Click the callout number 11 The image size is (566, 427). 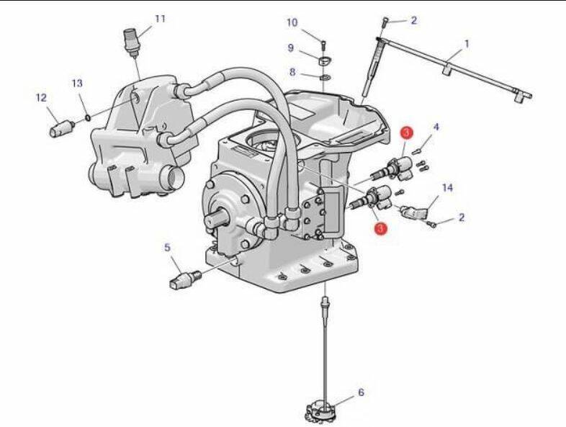tap(160, 19)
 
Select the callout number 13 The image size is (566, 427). tap(77, 84)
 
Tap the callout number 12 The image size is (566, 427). tap(41, 97)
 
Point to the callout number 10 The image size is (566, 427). tap(292, 23)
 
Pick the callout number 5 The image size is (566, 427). tap(167, 248)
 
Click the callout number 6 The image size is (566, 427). tap(361, 392)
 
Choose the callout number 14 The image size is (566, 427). tap(447, 188)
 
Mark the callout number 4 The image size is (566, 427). tap(436, 127)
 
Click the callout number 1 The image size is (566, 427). tap(467, 45)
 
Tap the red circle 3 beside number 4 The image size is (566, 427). tap(406, 132)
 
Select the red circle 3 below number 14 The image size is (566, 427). tap(380, 228)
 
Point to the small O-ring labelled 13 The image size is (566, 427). tap(87, 117)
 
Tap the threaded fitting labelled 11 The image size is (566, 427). tap(131, 43)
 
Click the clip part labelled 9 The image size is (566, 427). tap(325, 61)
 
